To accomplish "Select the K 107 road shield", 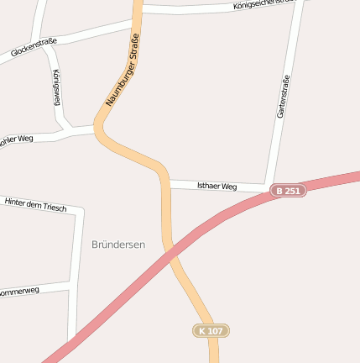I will click(x=210, y=331).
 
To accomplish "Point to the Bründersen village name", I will click(x=117, y=245).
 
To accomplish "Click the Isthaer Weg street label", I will click(x=217, y=186).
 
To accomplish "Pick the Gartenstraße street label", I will click(x=283, y=96).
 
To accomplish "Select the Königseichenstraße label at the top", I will click(x=268, y=5).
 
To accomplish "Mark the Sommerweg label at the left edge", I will click(x=19, y=292).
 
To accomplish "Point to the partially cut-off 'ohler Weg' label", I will click(x=17, y=139).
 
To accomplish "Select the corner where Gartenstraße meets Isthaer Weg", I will click(x=268, y=187).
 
